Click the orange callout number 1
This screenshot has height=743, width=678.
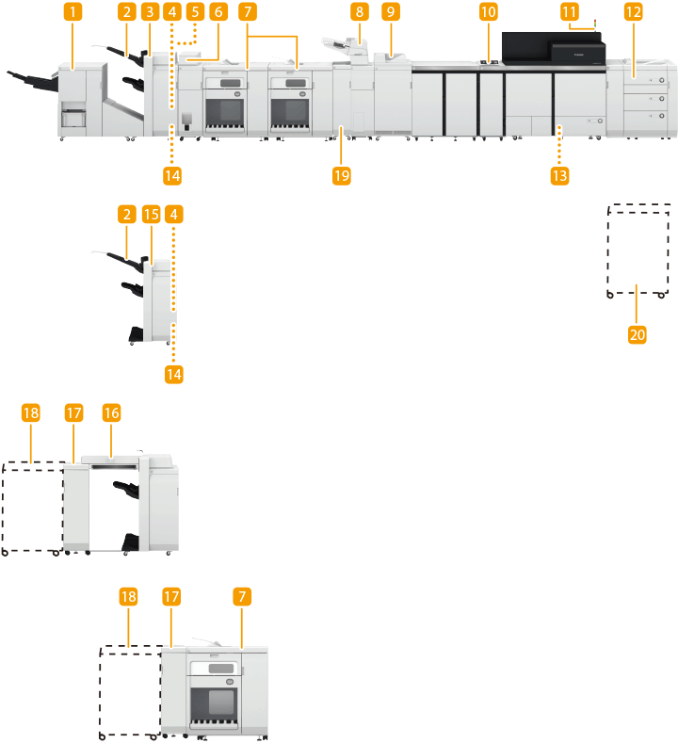73,13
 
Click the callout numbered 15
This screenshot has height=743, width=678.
151,215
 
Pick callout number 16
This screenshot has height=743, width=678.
111,413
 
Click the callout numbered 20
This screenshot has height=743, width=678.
638,333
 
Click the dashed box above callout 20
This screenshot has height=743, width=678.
638,250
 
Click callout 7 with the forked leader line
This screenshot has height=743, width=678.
247,13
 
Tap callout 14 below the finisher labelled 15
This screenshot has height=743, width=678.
173,374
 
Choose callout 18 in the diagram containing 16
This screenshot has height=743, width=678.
31,413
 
